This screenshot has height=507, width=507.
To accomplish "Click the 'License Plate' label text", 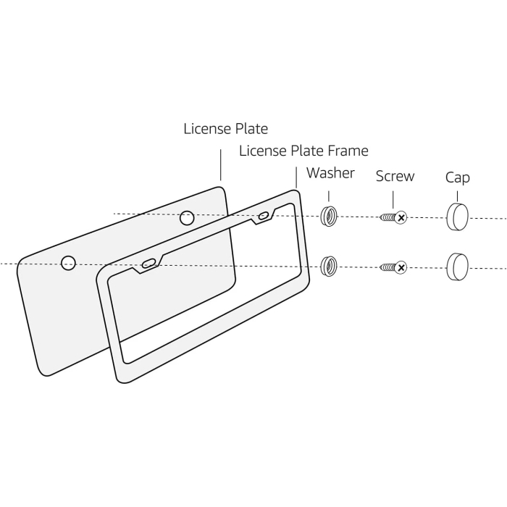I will [x=225, y=129].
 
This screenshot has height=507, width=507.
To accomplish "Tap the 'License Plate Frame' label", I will [x=303, y=151].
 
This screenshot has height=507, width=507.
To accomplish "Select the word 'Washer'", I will [x=330, y=173].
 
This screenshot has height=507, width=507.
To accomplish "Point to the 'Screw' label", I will [x=395, y=176].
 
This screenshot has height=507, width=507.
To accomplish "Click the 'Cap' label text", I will [x=457, y=177].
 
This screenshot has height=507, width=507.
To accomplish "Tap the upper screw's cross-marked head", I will [x=401, y=217].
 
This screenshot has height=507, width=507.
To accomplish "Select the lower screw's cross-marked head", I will [x=401, y=268].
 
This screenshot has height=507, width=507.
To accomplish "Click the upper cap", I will [x=457, y=217].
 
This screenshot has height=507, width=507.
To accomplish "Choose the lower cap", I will [x=457, y=267].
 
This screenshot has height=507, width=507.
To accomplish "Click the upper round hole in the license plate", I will [x=187, y=217].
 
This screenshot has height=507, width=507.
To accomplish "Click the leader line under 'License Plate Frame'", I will [x=296, y=177].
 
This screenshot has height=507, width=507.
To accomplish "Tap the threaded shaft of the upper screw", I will [x=388, y=217].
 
